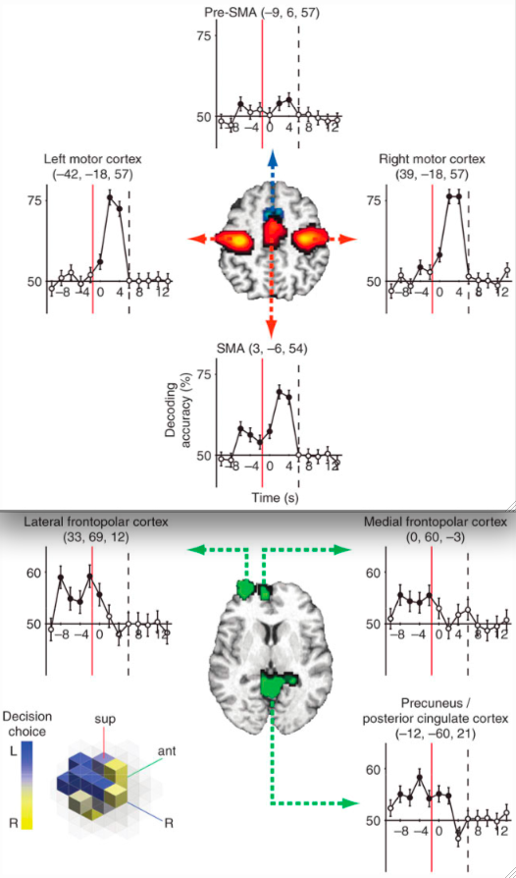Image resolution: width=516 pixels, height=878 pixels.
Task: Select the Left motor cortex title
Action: click(88, 167)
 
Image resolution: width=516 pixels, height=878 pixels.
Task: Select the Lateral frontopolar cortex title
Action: click(95, 529)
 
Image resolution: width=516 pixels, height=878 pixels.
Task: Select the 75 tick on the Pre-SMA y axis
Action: click(202, 35)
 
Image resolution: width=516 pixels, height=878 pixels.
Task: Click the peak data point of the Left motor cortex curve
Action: click(110, 197)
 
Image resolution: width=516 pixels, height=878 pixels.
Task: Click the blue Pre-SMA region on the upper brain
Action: click(273, 213)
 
